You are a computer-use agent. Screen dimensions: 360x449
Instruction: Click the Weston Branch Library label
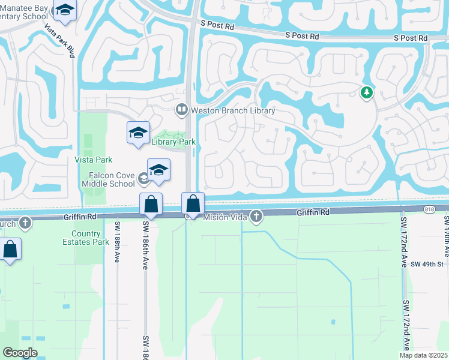233,110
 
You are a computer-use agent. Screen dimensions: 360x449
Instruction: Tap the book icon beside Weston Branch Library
181,110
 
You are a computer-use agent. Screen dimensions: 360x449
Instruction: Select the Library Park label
173,142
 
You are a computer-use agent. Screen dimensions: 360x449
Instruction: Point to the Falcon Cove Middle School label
109,179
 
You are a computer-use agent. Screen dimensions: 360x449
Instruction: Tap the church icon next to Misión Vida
256,217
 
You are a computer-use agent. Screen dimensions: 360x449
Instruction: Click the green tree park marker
366,92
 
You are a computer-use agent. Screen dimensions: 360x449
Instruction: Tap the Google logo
20,352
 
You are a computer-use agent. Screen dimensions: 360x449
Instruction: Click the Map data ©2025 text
423,355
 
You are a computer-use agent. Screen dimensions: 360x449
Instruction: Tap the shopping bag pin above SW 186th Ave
151,205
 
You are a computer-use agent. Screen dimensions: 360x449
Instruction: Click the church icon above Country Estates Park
25,223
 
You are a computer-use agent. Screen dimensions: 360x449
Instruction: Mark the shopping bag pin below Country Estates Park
10,249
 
